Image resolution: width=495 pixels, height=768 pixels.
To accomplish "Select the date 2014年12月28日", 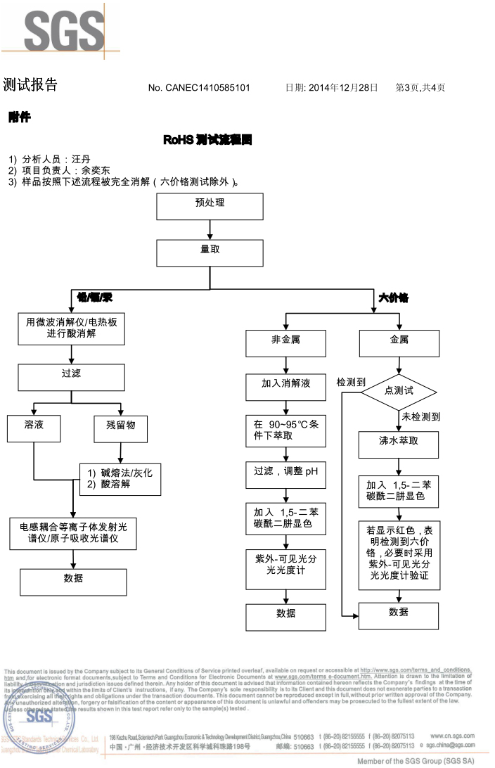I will [342, 88].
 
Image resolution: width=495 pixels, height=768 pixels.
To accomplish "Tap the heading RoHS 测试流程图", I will [207, 140].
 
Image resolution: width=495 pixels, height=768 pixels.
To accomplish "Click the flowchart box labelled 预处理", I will [210, 206].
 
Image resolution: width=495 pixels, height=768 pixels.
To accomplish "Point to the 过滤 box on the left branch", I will [71, 377].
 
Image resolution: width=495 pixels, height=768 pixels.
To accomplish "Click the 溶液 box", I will [34, 428].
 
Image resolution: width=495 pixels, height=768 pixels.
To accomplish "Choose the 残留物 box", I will [121, 428].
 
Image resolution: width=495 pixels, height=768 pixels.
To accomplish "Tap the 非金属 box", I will [285, 343].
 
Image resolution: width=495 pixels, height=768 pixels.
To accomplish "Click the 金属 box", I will [399, 343].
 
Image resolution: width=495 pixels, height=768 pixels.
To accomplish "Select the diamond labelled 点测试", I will [399, 391].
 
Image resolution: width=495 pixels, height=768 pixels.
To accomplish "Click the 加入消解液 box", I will [285, 387].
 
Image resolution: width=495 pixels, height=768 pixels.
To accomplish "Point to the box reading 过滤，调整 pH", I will [285, 474].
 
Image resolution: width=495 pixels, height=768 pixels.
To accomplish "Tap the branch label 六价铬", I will [393, 297].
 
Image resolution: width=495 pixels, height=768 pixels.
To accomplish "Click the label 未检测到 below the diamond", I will [421, 417].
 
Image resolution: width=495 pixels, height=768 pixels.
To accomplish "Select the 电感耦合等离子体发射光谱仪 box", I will [73, 533].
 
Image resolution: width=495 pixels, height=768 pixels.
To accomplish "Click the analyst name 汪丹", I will [81, 160].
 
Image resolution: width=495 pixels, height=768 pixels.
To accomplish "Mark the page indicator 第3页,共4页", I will [420, 88].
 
